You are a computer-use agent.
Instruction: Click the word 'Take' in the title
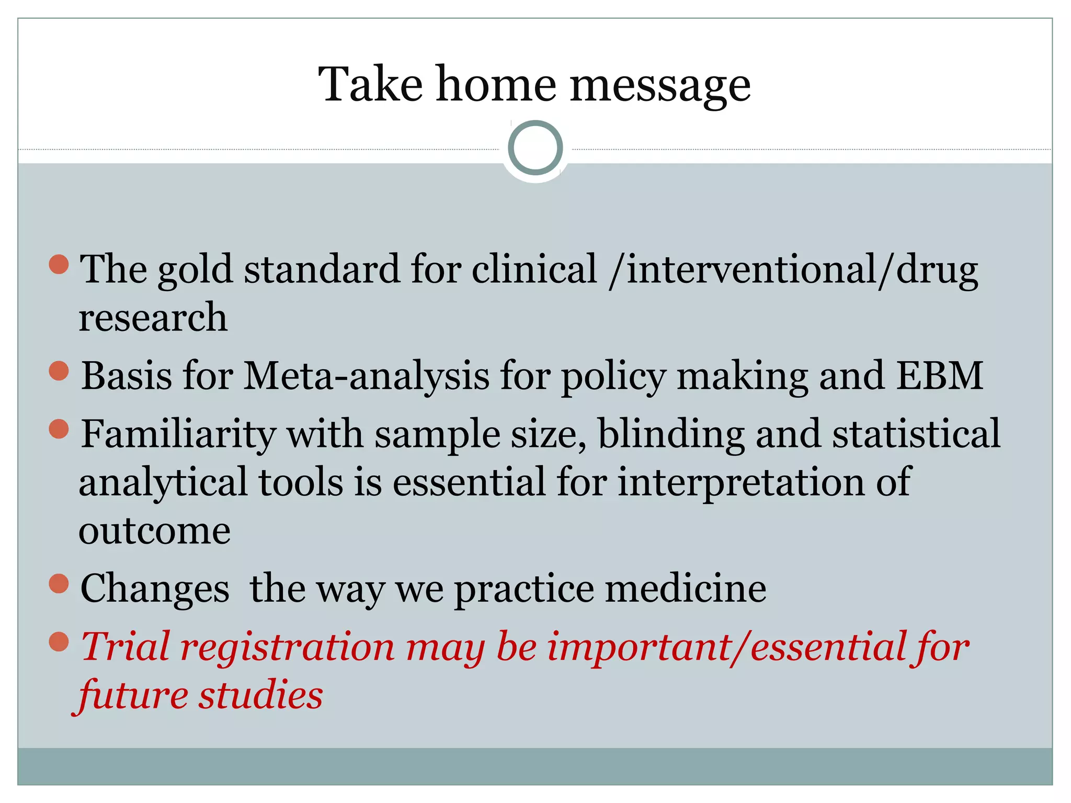point(370,85)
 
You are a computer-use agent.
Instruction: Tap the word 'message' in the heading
point(660,86)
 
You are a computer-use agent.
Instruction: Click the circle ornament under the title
point(535,148)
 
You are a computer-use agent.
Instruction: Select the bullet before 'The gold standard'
point(59,264)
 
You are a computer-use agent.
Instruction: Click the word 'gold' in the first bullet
point(195,270)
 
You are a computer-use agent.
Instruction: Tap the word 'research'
point(153,318)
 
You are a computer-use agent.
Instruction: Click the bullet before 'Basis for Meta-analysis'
point(59,371)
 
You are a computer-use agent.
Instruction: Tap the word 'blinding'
point(671,434)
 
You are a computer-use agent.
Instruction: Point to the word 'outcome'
point(154,531)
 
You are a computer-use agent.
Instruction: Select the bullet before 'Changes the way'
point(59,584)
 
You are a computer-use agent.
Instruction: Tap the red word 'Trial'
point(126,647)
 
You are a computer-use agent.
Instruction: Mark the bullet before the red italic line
point(59,641)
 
